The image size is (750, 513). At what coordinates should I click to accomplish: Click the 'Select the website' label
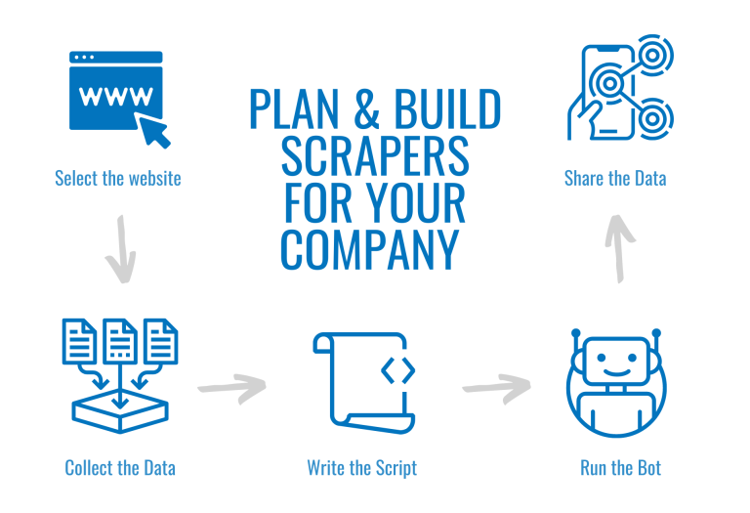pos(117,179)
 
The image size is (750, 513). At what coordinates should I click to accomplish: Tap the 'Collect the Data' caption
pos(120,467)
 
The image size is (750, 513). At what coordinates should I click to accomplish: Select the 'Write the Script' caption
pos(361,467)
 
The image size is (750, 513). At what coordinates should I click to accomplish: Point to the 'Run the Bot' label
pos(621,467)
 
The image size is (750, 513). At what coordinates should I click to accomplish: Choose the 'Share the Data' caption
pos(615,179)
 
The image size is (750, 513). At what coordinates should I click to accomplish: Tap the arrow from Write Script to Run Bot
pos(495,386)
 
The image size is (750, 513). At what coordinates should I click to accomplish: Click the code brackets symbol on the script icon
pos(397,370)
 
